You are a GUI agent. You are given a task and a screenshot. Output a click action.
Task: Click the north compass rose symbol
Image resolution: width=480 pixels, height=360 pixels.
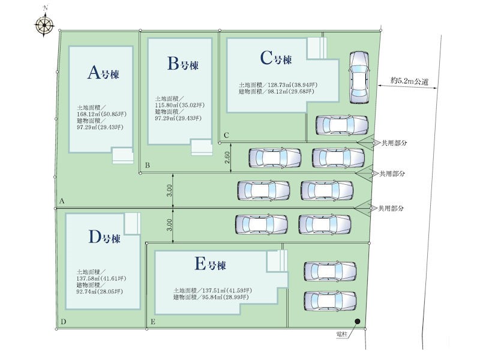pyautogui.click(x=44, y=23)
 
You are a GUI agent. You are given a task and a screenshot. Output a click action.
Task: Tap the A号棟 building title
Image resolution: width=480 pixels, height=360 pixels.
pyautogui.click(x=103, y=73)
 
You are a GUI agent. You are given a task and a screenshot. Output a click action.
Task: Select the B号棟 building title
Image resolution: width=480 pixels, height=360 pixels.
pyautogui.click(x=183, y=64)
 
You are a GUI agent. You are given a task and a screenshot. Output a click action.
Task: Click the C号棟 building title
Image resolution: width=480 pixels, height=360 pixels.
pyautogui.click(x=276, y=58)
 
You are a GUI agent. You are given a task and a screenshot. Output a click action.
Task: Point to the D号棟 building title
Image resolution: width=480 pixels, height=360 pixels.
pyautogui.click(x=104, y=237)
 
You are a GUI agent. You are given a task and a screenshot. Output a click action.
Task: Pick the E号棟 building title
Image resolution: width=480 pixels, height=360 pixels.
pyautogui.click(x=211, y=264)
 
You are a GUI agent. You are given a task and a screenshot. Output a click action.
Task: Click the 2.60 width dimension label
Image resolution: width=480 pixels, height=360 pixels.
pyautogui.click(x=227, y=158)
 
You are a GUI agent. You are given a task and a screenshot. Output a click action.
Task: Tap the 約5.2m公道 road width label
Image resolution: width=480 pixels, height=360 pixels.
pyautogui.click(x=409, y=81)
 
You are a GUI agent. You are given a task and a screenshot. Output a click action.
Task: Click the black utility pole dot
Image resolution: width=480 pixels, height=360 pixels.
pyautogui.click(x=357, y=322)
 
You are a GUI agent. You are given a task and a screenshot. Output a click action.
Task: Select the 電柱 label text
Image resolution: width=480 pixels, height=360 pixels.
pyautogui.click(x=342, y=334)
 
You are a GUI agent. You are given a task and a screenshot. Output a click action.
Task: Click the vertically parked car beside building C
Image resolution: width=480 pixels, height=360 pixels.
pyautogui.click(x=359, y=77)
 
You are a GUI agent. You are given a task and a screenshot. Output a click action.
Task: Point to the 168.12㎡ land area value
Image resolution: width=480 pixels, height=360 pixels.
pyautogui.click(x=89, y=114)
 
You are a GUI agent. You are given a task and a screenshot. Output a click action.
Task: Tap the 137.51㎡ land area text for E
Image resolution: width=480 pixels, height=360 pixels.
pyautogui.click(x=214, y=290)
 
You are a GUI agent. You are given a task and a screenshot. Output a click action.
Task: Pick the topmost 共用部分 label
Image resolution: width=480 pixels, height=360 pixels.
pyautogui.click(x=394, y=143)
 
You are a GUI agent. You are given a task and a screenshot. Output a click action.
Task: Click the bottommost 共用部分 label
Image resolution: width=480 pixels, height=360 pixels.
pyautogui.click(x=391, y=208)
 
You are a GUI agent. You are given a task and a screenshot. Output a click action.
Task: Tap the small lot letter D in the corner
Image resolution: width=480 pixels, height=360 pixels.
pyautogui.click(x=64, y=322)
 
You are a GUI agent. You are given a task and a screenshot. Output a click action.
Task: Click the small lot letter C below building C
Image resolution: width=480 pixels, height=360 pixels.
pyautogui.click(x=226, y=136)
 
